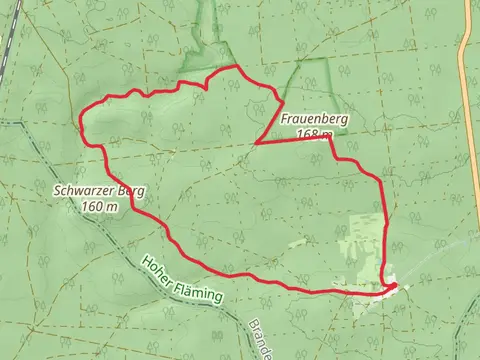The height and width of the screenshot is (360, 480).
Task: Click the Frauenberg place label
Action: click(315, 119)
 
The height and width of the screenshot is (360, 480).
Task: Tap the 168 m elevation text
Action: click(315, 134)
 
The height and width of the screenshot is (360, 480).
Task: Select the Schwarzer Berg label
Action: click(100, 191)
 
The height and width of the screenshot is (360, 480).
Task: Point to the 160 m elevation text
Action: click(100, 207)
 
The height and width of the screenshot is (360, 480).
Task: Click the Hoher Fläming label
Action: click(182, 277)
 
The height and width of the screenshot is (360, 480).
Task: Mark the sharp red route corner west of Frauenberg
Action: click(257, 143)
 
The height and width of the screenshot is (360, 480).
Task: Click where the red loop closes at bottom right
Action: click(394, 287)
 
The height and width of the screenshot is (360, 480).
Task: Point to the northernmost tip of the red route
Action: click(237, 67)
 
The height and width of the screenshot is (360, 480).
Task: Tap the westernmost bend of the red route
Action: click(80, 124)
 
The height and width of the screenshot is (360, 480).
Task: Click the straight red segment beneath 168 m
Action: click(295, 142)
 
